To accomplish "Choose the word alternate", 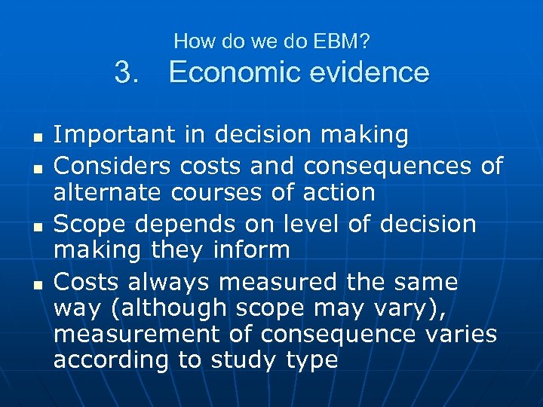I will click(107, 192).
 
